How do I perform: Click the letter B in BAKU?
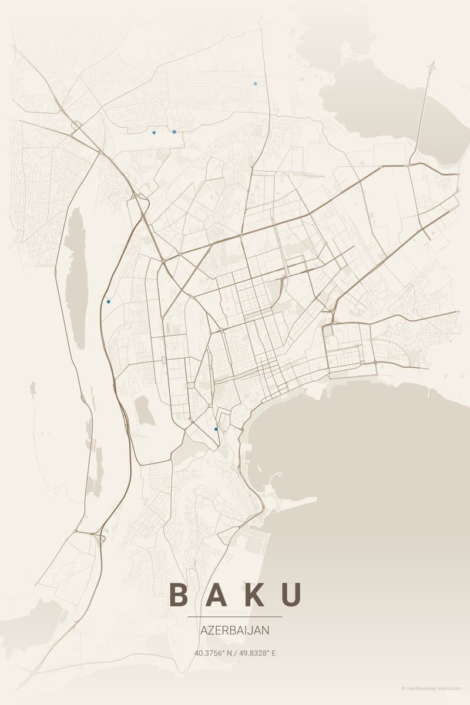[x=179, y=595]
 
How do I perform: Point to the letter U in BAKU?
[x=292, y=595]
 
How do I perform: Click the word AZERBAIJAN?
[x=235, y=630]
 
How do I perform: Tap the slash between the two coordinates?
[x=236, y=653]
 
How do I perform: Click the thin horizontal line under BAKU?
[x=235, y=617]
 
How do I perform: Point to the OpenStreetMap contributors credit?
[x=431, y=688]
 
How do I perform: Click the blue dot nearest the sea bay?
[x=216, y=429]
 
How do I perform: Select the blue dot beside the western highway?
[x=108, y=301]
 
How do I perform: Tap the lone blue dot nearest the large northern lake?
[x=255, y=83]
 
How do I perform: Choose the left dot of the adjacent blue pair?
[x=154, y=132]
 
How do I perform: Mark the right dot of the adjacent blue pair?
[x=174, y=132]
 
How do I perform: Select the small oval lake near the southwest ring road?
[x=143, y=410]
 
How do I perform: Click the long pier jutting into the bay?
[x=294, y=502]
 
